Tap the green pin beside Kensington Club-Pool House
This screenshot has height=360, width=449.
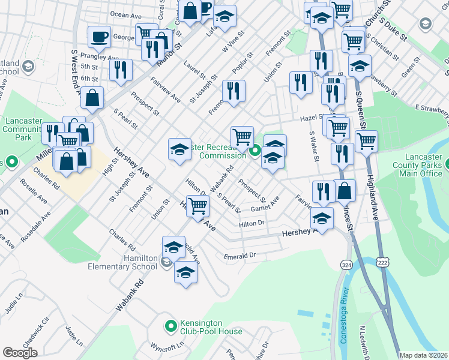click(x=171, y=326)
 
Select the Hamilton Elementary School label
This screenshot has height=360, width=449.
click(x=123, y=262)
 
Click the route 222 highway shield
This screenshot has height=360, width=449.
click(x=382, y=262)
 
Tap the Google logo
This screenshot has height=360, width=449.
click(x=20, y=353)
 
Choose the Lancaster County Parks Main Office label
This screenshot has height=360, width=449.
click(x=418, y=165)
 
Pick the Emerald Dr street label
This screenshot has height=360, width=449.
click(x=240, y=256)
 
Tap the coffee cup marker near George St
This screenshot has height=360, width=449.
click(x=99, y=37)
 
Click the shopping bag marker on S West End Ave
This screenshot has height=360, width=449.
click(x=92, y=98)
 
